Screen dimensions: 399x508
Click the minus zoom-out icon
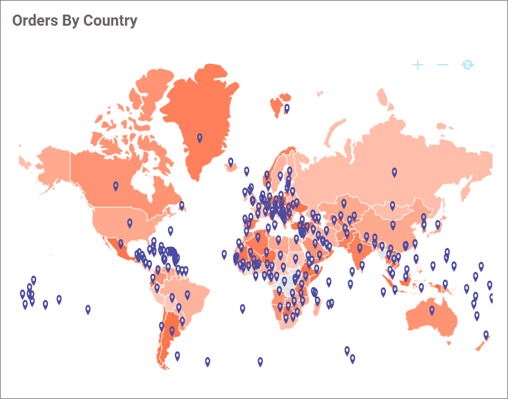point(443,65)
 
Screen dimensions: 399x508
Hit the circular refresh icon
point(468,65)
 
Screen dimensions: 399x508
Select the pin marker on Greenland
point(200,138)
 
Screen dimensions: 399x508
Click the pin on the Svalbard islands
point(287,108)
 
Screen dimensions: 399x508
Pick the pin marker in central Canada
point(116,186)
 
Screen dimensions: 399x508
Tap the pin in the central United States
point(130,223)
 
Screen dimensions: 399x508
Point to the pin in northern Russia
point(394,172)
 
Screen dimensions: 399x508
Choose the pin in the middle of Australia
point(432,310)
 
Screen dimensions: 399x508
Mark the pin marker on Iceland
point(230,162)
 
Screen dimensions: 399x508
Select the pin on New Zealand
point(486,335)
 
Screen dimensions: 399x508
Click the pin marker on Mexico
point(121,244)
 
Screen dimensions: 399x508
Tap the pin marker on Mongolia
point(392,206)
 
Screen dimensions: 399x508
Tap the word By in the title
point(71,21)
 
